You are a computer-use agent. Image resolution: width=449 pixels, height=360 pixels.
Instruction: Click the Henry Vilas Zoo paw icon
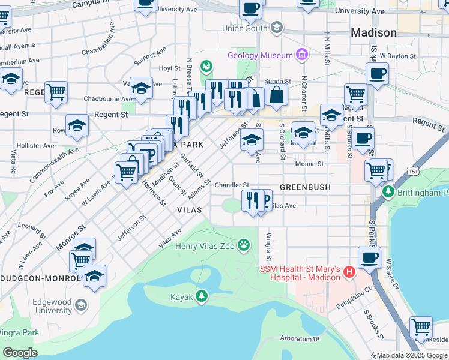pos(244,244)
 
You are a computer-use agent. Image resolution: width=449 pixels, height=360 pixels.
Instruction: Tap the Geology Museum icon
pos(301,56)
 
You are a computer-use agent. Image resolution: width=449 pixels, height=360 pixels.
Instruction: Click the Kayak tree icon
pos(202,296)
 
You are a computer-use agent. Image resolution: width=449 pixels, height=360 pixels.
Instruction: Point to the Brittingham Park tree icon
pos(388,192)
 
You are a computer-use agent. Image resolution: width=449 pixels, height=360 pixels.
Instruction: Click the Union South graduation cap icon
pos(276,27)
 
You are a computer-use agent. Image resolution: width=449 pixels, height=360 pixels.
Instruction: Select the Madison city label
pos(373,32)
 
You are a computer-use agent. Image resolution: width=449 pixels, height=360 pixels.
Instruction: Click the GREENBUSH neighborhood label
pos(305,187)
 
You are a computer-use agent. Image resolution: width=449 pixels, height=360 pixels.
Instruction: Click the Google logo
pos(19,353)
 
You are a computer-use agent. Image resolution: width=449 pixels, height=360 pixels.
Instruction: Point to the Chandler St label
pos(232,185)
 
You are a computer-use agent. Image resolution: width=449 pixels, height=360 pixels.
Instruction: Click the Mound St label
pos(309,164)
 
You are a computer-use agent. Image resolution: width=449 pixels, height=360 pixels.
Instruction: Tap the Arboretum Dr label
pos(300,339)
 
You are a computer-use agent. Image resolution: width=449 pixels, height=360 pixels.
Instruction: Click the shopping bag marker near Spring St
pos(276,95)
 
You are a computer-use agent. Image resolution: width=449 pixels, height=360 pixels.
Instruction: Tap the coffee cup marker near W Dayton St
pos(376,74)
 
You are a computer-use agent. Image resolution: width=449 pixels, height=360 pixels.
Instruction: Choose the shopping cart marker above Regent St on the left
pos(56,92)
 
